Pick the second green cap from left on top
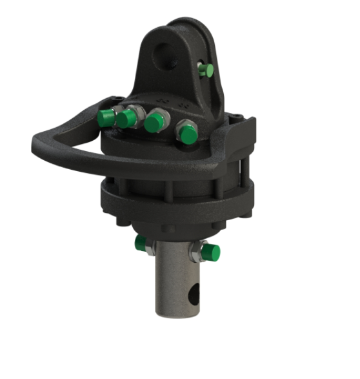pyautogui.click(x=128, y=118)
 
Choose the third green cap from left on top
pyautogui.click(x=154, y=123)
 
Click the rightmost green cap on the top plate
pyautogui.click(x=188, y=134)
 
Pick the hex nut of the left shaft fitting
pyautogui.click(x=148, y=247)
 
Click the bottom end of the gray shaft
pyautogui.click(x=176, y=314)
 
